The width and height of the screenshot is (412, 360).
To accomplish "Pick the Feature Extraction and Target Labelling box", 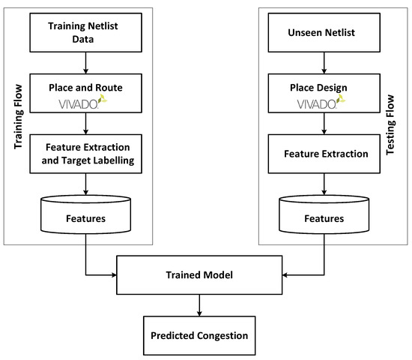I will pos(88,154).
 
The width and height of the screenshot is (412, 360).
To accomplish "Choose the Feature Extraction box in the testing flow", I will pos(324,154).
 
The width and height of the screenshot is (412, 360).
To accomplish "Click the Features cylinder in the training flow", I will pos(88,218).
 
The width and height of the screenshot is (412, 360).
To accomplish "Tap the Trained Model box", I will pos(199,275).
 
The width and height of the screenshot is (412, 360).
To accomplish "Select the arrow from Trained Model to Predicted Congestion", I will pos(199,303).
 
